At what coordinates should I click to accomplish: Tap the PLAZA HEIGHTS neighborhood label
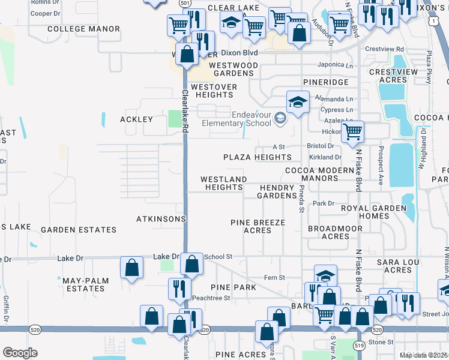click(257, 157)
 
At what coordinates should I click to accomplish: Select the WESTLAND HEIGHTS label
click(223, 183)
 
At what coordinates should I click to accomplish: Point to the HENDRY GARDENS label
click(278, 191)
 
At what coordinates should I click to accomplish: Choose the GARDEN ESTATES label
click(79, 230)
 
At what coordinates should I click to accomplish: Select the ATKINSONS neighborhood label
click(161, 219)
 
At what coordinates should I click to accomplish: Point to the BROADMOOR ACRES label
click(335, 232)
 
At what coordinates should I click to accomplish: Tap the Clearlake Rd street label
click(185, 108)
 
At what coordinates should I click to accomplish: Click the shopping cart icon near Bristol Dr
click(353, 131)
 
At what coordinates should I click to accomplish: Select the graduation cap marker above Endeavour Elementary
click(297, 102)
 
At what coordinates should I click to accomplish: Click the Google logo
click(20, 352)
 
